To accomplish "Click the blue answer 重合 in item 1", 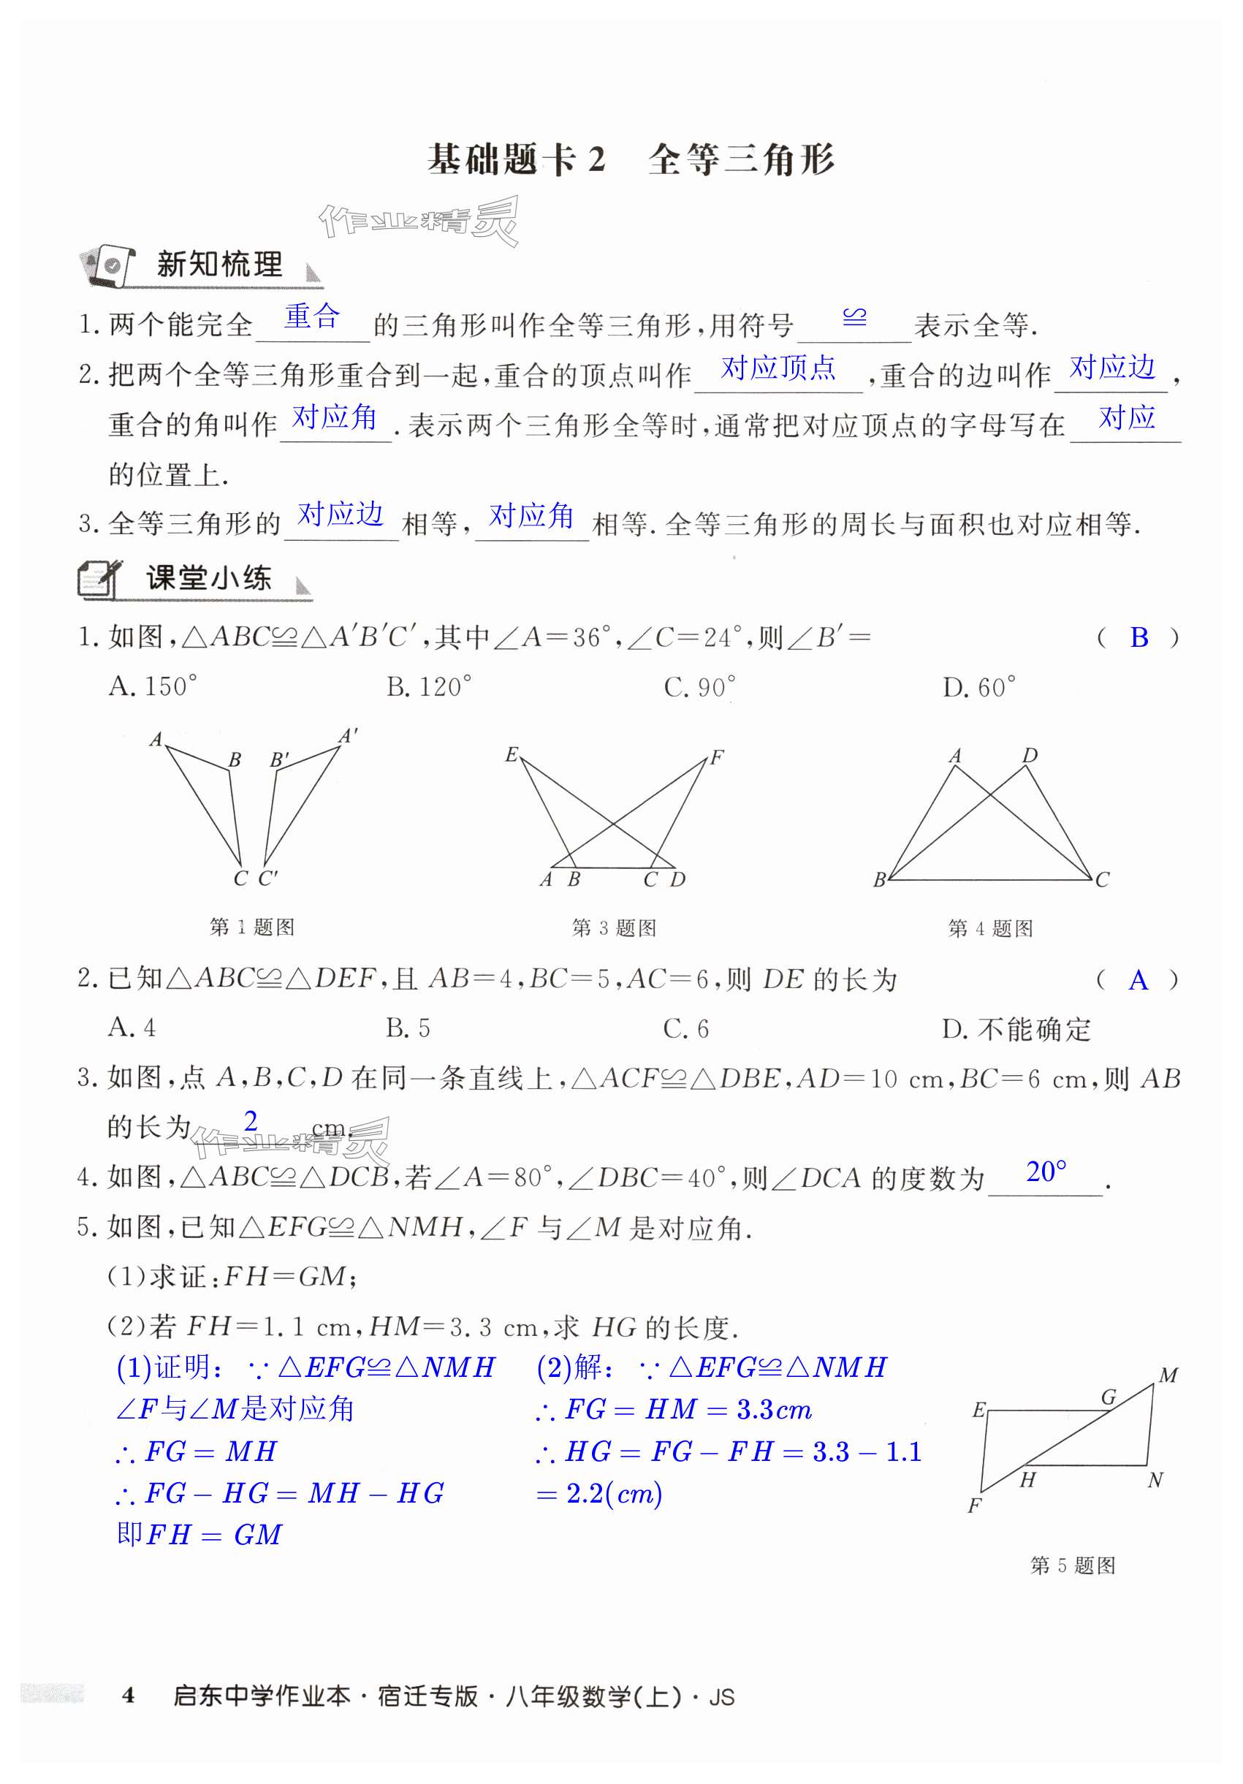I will pyautogui.click(x=311, y=316).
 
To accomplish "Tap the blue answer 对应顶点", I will pyautogui.click(x=778, y=367).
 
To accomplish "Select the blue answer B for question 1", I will pyautogui.click(x=1138, y=637).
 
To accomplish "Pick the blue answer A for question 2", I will pyautogui.click(x=1138, y=981).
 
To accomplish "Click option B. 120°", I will pyautogui.click(x=429, y=687).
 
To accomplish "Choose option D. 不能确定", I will pyautogui.click(x=1016, y=1030).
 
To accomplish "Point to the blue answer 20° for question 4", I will pyautogui.click(x=1045, y=1172).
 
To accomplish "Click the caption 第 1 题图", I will pyautogui.click(x=251, y=927).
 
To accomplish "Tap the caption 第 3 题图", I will pyautogui.click(x=614, y=927).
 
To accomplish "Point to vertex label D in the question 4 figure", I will pyautogui.click(x=1030, y=755).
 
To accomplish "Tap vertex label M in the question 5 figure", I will pyautogui.click(x=1168, y=1375).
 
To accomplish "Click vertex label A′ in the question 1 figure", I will pyautogui.click(x=348, y=735).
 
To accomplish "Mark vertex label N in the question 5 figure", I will pyautogui.click(x=1155, y=1480).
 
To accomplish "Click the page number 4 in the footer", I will pyautogui.click(x=129, y=1695).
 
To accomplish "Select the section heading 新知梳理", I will pyautogui.click(x=219, y=264).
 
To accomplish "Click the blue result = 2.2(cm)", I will pyautogui.click(x=599, y=1493).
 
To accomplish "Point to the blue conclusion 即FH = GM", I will pyautogui.click(x=199, y=1535).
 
